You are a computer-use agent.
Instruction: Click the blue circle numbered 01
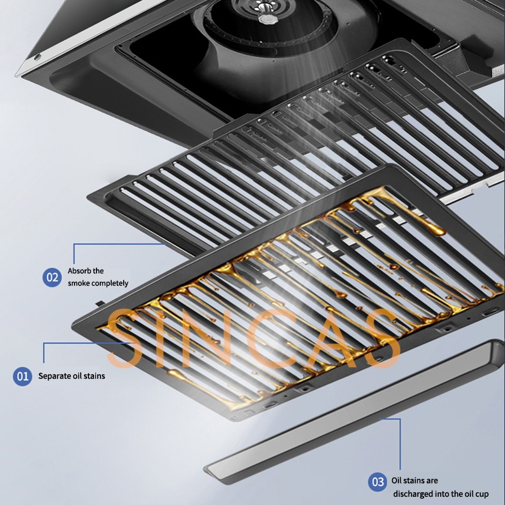click(x=23, y=376)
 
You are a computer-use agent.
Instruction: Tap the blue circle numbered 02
click(x=52, y=277)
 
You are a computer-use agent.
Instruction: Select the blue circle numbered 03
click(x=377, y=482)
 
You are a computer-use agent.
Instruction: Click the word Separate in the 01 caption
click(x=55, y=376)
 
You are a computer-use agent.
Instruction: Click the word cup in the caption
click(x=482, y=494)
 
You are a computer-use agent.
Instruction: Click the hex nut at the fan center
click(x=266, y=19)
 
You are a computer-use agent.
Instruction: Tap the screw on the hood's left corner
click(x=38, y=58)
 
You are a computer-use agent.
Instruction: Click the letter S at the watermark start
click(x=124, y=338)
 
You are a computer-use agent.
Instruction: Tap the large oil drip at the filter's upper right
click(x=434, y=228)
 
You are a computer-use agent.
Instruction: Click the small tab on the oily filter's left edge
click(x=100, y=304)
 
